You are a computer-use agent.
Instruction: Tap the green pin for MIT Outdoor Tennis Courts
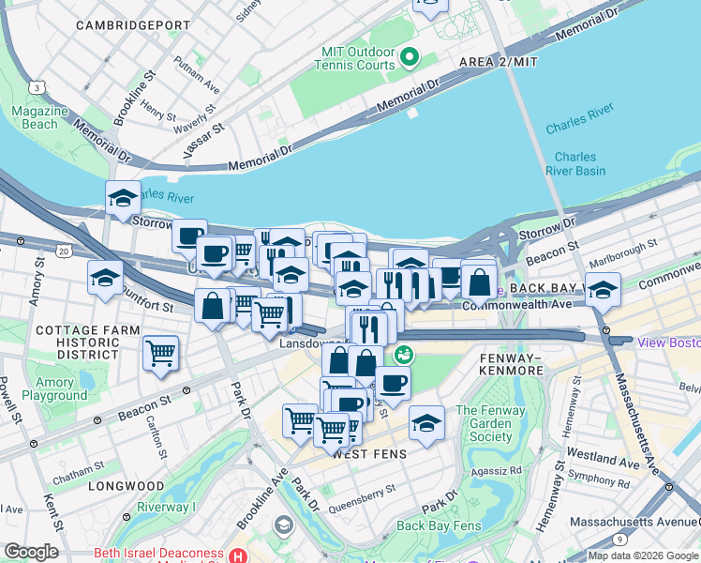pos(410,58)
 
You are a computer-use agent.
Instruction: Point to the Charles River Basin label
pos(575,163)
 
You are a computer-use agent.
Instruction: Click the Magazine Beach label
pos(40,117)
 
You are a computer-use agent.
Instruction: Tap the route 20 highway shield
pos(63,251)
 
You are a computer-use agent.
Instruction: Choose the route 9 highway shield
pos(619,540)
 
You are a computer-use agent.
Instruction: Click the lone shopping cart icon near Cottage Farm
pos(161,355)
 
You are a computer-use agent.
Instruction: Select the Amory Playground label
pos(54,388)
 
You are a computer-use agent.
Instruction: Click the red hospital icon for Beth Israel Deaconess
pos(242,556)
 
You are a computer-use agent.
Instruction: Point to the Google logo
pos(31,552)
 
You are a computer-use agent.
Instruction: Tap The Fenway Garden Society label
pos(491,423)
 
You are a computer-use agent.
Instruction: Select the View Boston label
pos(668,342)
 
